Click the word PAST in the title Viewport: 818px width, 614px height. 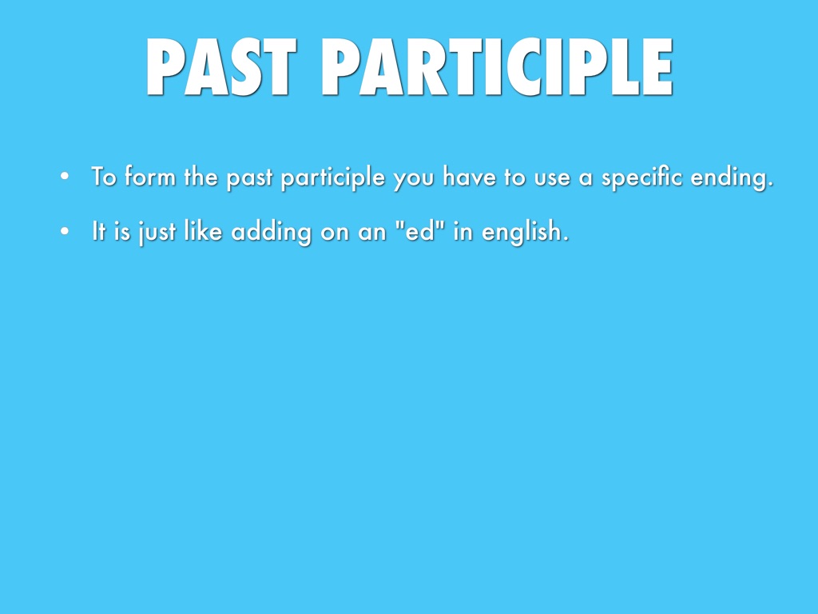tap(222, 67)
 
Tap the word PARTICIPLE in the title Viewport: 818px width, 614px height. tap(497, 67)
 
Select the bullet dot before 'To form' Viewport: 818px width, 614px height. tap(65, 176)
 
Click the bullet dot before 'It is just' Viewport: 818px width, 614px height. tap(65, 231)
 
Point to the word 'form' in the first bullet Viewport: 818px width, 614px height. tap(150, 176)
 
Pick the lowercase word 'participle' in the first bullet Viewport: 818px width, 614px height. tap(333, 178)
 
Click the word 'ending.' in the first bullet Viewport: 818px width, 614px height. tap(732, 178)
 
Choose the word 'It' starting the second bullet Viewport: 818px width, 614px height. tap(98, 230)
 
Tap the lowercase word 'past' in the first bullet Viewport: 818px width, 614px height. tap(249, 178)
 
